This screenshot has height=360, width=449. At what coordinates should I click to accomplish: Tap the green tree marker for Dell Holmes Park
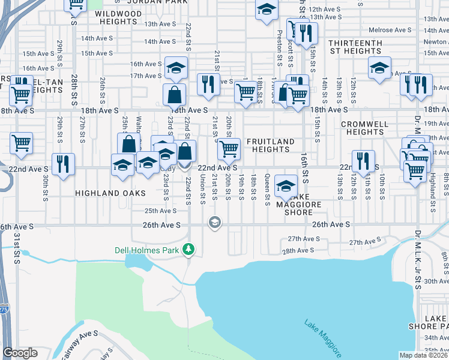click(x=189, y=248)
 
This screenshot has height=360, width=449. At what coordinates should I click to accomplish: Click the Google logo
click(x=20, y=353)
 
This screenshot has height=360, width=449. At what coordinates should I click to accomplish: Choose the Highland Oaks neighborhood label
click(x=110, y=193)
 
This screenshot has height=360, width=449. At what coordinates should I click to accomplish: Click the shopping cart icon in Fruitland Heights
click(x=228, y=149)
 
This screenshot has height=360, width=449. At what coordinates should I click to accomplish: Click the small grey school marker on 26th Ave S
click(x=214, y=223)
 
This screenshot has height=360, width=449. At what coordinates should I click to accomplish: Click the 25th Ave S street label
click(x=161, y=211)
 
